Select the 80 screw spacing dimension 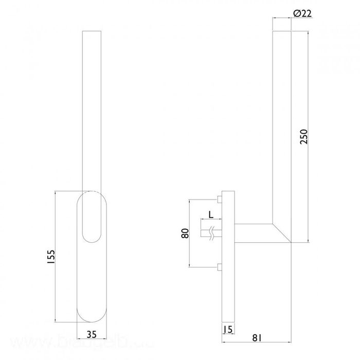pyautogui.click(x=185, y=233)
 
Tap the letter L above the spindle pyautogui.click(x=210, y=214)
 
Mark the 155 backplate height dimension pyautogui.click(x=50, y=257)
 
